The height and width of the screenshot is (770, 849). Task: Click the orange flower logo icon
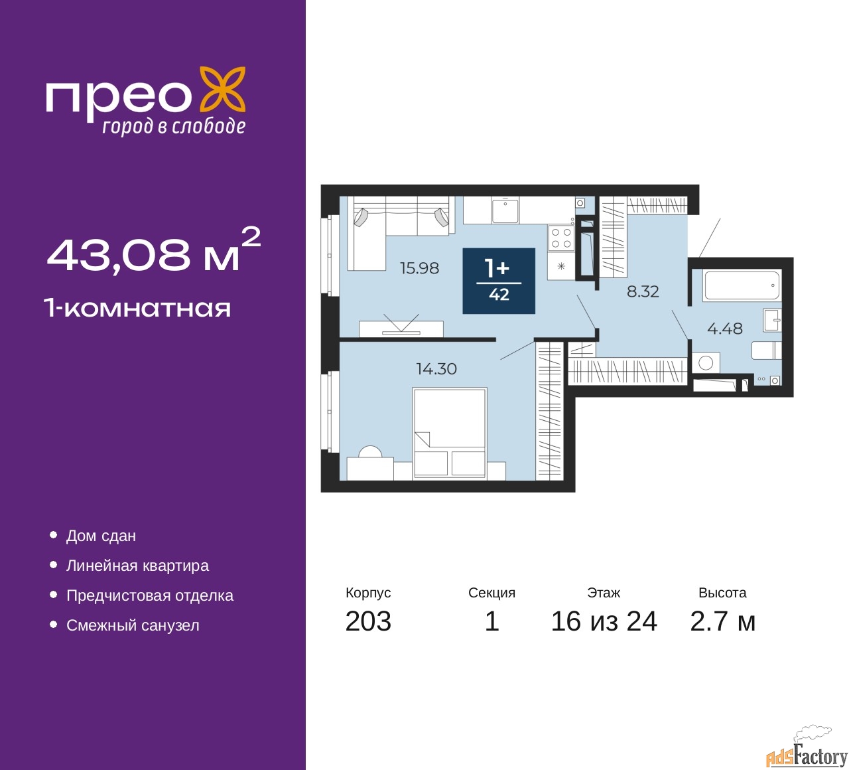coord(223,90)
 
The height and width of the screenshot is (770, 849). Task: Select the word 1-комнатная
coord(137,308)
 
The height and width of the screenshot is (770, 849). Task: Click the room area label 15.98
coord(419,268)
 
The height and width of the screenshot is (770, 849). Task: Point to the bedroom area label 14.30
coord(436,369)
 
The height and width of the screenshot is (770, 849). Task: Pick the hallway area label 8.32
coord(643,291)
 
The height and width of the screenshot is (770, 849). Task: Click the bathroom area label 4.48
coord(725,329)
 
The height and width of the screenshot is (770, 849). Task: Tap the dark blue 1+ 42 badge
coord(499,281)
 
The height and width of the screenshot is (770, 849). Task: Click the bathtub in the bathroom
coord(742,285)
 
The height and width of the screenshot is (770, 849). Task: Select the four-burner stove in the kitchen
coord(561,238)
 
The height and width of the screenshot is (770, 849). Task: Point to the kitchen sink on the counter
coord(505,210)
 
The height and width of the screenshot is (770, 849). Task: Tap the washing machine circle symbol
coord(706,362)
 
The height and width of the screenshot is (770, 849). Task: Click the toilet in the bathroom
coord(767,350)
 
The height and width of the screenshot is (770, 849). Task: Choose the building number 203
coord(368,621)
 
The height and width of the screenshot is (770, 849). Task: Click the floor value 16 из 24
coord(604,621)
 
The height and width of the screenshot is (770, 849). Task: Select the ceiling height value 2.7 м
coord(722,621)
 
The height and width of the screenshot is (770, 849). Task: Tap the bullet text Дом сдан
coord(101,536)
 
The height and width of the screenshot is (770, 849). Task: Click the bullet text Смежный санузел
coord(133,625)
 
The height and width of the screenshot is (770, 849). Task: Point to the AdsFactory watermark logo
coord(807,751)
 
